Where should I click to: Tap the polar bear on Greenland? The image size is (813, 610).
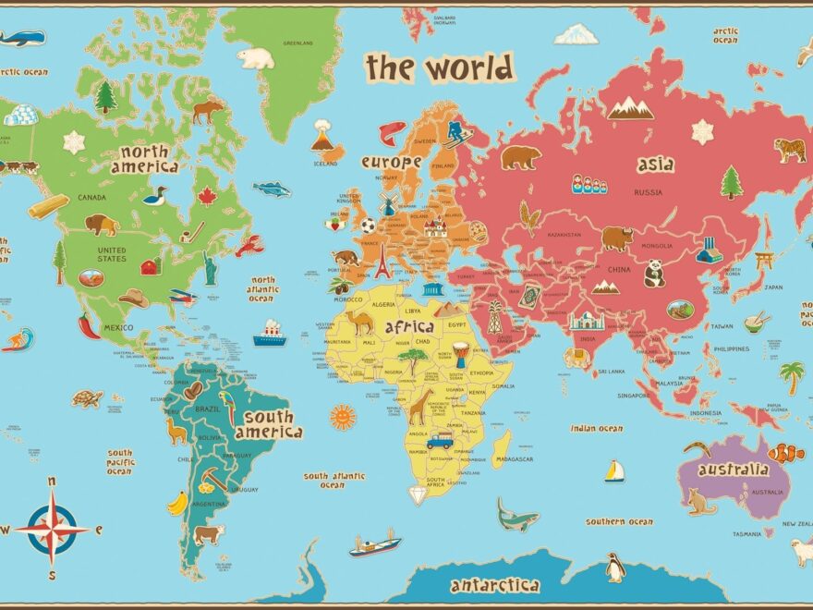[x=256, y=58]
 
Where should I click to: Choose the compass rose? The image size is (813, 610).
[x=52, y=529]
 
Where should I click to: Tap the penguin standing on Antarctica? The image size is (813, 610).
[x=615, y=567]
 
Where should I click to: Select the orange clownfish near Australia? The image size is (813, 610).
[x=786, y=453]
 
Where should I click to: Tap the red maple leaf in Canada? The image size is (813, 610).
[x=206, y=196]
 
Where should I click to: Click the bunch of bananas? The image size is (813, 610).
[x=177, y=503]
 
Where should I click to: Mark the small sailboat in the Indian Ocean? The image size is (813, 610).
[x=614, y=471]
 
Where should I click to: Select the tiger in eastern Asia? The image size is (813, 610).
[x=789, y=150]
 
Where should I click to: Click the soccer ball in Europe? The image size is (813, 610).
[x=368, y=225]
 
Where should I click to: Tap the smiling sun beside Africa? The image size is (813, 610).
[x=343, y=417]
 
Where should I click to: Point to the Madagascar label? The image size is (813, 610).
[x=515, y=459]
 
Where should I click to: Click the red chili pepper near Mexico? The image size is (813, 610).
[x=89, y=325]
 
